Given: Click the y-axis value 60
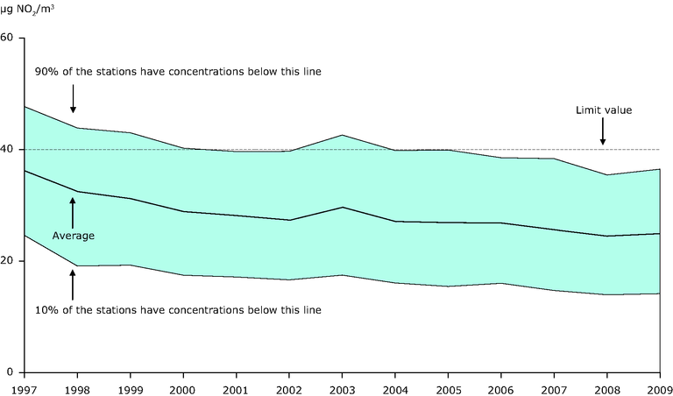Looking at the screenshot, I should point(8,38).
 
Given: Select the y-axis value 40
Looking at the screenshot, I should point(8,150).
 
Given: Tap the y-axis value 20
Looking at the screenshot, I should point(8,261).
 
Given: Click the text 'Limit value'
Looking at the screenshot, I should point(603,110).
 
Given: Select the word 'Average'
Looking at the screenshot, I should point(74,235).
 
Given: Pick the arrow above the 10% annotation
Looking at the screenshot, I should point(74,285).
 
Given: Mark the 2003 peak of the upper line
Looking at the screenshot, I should point(343,135).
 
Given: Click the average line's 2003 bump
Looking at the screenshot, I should point(343,207).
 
